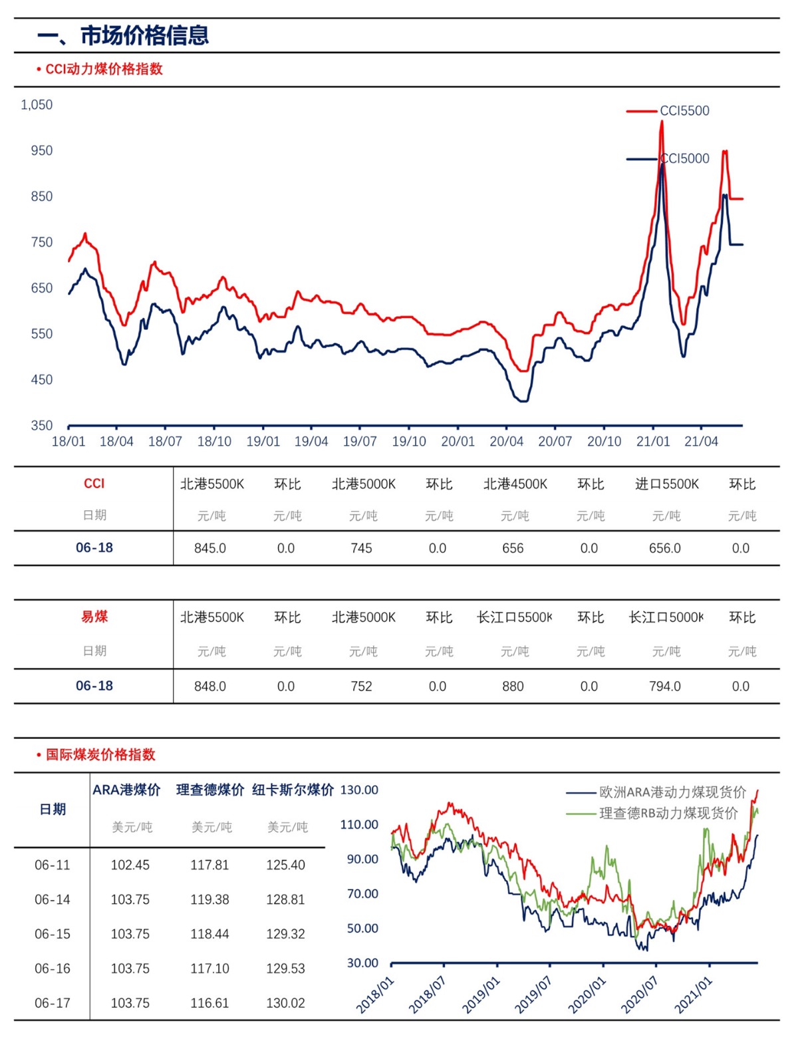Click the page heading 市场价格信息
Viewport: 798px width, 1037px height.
tap(144, 35)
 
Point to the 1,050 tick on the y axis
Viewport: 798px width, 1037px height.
tap(37, 105)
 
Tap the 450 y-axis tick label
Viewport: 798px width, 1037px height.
tap(41, 380)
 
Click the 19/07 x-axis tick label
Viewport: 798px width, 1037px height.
tap(360, 442)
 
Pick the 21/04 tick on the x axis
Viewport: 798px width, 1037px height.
tap(701, 442)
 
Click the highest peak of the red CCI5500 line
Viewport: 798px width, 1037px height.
tap(662, 122)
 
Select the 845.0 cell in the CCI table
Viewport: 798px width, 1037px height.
tap(210, 549)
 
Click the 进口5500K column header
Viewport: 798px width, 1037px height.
tap(666, 484)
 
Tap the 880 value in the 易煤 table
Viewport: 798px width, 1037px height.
tap(513, 686)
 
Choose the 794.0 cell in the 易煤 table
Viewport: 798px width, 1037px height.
tap(665, 686)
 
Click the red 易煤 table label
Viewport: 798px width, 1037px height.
tap(94, 617)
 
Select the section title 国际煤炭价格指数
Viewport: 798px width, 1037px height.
tap(100, 755)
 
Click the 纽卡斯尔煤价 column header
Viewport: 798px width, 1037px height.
tap(293, 790)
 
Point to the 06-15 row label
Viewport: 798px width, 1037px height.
tap(52, 935)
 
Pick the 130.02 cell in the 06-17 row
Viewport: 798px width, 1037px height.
tap(285, 1004)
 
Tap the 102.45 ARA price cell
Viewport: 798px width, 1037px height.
tap(130, 865)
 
